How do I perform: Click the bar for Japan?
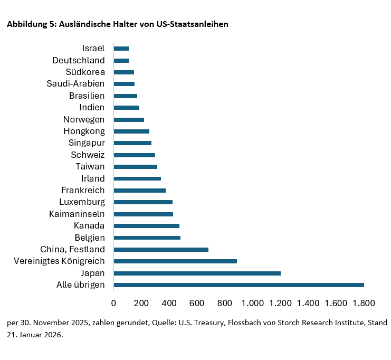[197, 273]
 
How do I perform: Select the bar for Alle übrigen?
[239, 285]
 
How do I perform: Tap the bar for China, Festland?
[161, 249]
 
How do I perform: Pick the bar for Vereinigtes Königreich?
[175, 261]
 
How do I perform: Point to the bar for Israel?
[121, 49]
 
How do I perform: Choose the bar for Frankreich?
[140, 190]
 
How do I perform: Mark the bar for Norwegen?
[129, 119]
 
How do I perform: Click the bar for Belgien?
[147, 238]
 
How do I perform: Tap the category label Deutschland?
[79, 60]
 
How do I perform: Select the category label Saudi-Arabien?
[76, 84]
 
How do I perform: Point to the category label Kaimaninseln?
[77, 214]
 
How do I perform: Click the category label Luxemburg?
[82, 202]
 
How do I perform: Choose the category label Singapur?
[87, 143]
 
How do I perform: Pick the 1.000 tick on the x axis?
[253, 303]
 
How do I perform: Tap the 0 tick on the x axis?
[113, 303]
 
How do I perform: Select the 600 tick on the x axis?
[197, 303]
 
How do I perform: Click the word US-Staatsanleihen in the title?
[193, 24]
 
